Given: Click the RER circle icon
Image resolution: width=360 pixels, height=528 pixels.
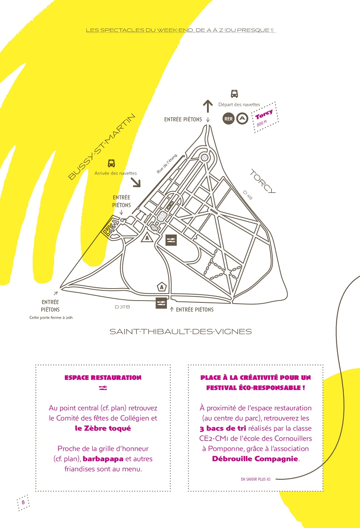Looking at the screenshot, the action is [228, 119].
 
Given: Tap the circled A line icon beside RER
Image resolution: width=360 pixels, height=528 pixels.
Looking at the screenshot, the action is [242, 119].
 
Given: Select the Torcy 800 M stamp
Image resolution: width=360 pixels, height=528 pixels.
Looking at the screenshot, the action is [265, 117].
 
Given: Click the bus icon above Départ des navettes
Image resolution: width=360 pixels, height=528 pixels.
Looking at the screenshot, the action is [234, 94].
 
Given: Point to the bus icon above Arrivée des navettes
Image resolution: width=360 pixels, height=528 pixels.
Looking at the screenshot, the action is [111, 163].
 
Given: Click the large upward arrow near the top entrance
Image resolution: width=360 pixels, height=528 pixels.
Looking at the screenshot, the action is [208, 106].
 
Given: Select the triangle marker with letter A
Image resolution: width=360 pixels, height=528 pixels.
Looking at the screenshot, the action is [147, 237].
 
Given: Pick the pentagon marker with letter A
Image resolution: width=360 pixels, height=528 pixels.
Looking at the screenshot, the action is [162, 287].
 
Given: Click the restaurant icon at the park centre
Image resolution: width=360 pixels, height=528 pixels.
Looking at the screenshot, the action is [171, 240].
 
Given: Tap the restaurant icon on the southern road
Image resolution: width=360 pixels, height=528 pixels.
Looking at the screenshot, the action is [161, 303].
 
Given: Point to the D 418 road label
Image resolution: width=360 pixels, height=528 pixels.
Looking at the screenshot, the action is [247, 195].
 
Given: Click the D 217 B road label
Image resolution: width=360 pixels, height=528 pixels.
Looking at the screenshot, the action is [122, 307].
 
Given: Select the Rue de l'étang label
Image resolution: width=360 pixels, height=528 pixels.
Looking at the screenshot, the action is [167, 164].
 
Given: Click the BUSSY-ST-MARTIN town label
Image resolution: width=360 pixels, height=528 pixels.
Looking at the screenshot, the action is [102, 147].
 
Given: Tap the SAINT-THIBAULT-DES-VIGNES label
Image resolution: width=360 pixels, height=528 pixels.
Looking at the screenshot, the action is [181, 332].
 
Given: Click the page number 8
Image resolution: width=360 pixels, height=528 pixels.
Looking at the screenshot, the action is [23, 502].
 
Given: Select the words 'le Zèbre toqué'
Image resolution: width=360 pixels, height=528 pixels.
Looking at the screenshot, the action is [103, 428].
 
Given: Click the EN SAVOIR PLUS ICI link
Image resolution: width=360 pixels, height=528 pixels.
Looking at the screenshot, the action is [256, 479].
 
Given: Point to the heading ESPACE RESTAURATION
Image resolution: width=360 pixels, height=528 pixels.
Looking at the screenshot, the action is [103, 378].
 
